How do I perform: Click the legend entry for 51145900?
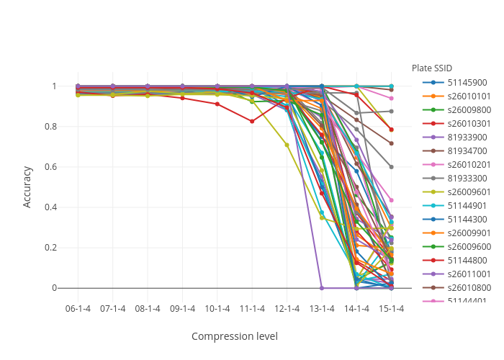pos(466,82)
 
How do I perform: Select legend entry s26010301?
pos(469,123)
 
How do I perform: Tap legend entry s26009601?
pos(469,192)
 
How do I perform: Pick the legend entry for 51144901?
pos(466,205)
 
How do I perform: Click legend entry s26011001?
pos(469,274)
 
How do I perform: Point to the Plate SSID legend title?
pos(432,68)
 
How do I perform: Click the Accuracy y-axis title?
pos(27,186)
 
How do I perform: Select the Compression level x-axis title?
pos(234,336)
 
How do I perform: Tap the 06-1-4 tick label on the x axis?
pos(78,308)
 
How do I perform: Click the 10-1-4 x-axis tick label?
pos(217,308)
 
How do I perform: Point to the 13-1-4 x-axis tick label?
pos(322,308)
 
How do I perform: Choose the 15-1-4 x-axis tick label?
pos(392,308)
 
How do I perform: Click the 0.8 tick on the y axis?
pos(54,127)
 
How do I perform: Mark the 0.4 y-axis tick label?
pos(54,207)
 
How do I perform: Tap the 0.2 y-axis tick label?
pos(54,248)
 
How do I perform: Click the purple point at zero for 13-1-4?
pos(322,288)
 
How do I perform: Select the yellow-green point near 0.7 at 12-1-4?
pos(287,145)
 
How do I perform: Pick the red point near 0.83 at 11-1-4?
pos(252,121)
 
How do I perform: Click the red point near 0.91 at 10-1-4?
pos(217,104)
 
